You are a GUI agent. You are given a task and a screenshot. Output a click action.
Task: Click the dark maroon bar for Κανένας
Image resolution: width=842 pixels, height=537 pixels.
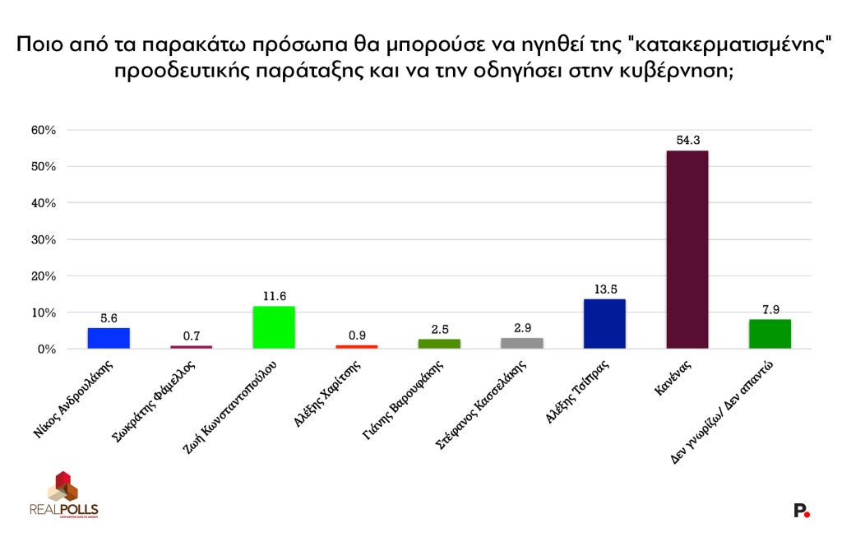point(687,249)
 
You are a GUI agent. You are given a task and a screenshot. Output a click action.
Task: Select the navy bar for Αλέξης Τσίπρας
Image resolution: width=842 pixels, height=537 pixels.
point(604,323)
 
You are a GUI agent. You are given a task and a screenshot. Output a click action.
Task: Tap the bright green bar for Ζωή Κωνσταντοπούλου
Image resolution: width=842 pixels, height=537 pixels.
point(274,327)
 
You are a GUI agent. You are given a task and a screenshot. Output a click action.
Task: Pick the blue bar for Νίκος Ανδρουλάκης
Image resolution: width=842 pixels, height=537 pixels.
point(109,338)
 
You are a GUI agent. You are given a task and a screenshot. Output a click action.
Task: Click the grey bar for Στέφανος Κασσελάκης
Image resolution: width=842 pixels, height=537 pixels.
point(521,343)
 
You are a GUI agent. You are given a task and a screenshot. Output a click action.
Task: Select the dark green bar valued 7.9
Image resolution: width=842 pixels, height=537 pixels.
point(770,334)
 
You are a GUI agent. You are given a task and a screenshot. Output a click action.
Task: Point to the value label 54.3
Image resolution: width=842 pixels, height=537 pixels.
point(687,140)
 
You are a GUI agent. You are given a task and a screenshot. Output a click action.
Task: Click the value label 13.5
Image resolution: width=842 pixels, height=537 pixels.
point(604,289)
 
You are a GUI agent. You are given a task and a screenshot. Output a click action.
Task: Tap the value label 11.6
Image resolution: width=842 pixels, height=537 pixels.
point(274,295)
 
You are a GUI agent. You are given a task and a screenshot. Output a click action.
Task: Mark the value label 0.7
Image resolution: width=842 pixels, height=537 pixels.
point(191,335)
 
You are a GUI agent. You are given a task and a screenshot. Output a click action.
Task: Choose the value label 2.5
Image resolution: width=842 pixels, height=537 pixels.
point(439,328)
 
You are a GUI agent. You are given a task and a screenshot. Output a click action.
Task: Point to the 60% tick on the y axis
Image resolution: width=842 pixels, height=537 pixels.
point(43,130)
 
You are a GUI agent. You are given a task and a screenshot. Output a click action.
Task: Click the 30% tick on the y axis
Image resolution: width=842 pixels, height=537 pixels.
point(43,239)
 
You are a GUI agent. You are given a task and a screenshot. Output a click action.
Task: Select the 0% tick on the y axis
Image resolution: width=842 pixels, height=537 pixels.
point(45,349)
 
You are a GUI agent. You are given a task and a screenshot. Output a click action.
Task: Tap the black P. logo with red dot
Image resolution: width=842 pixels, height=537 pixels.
point(802,511)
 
